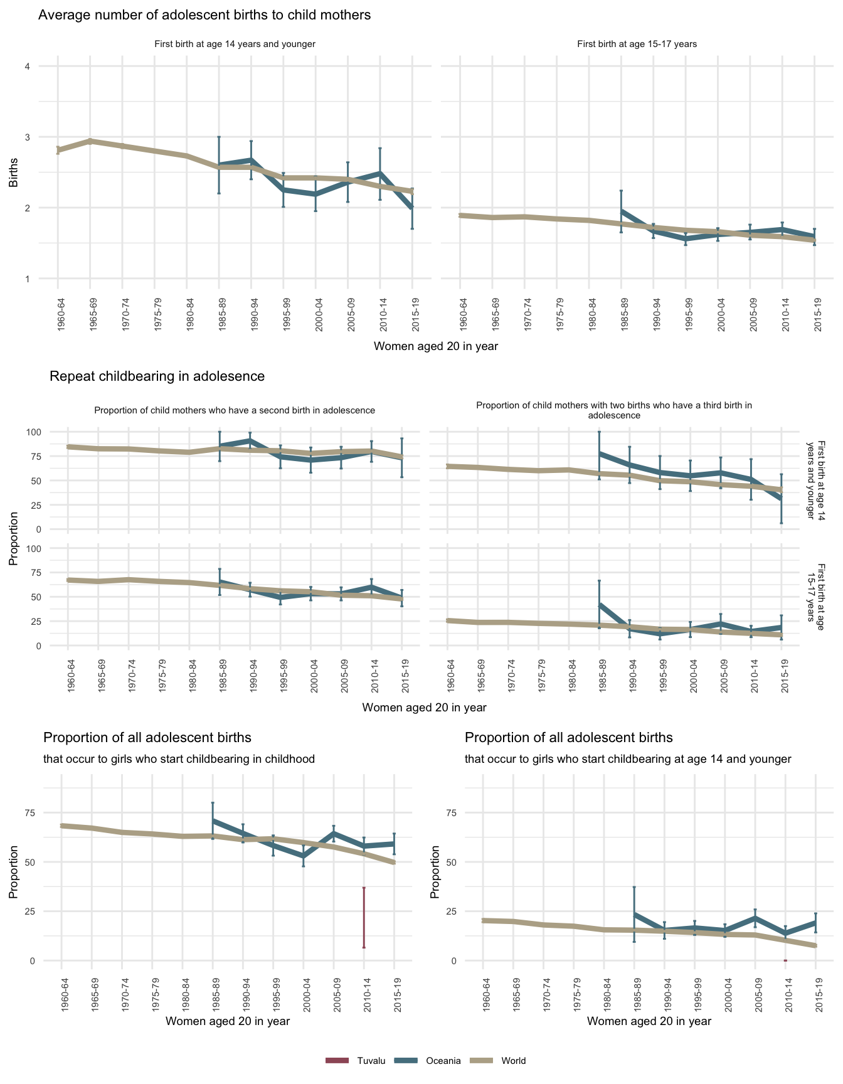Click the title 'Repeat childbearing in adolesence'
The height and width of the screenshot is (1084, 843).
(157, 376)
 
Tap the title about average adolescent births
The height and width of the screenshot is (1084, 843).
(204, 16)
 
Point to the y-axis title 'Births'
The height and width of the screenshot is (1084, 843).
(13, 173)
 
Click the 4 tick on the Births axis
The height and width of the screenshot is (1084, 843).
(28, 66)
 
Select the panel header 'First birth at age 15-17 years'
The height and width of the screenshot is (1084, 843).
(637, 45)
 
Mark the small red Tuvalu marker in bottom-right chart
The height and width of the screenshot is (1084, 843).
(785, 960)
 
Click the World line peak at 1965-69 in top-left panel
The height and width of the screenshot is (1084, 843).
(90, 141)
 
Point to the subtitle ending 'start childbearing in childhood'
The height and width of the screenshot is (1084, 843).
(179, 759)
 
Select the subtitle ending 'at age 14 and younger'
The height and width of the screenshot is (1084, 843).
(628, 759)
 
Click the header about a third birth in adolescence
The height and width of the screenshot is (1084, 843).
(613, 410)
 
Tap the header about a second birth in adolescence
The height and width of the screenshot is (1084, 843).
(234, 410)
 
